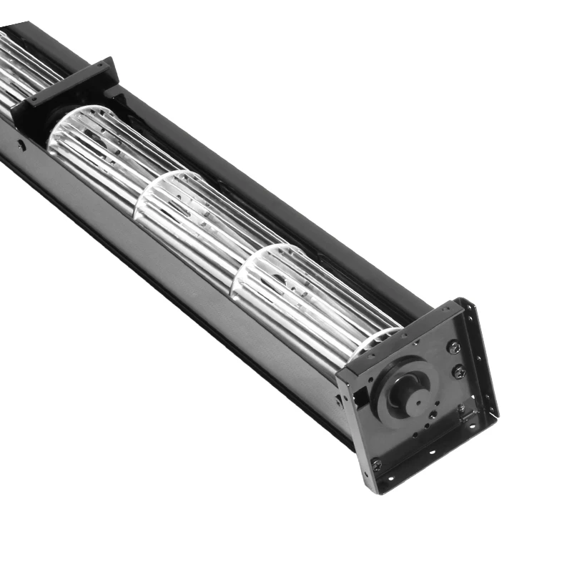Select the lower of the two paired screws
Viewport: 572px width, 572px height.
coord(460,371)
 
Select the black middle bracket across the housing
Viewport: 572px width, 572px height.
coord(68,93)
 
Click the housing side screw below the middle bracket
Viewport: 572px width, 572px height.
coord(22,146)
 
